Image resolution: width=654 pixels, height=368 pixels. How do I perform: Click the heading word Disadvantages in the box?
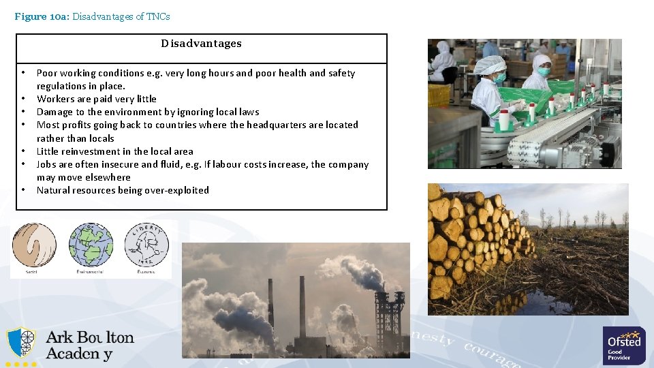coord(201,44)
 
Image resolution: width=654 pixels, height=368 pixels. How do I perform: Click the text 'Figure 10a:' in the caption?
coord(40,16)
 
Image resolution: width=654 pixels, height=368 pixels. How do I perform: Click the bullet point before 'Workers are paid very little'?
coord(23,99)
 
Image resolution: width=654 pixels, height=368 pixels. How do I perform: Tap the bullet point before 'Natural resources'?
coord(23,190)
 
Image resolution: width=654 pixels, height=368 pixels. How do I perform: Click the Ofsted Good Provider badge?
coord(624,345)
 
